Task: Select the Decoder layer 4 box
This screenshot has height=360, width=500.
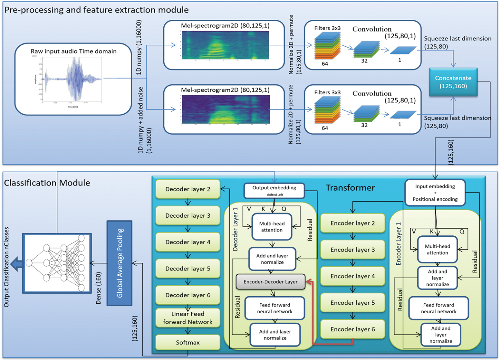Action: point(188,242)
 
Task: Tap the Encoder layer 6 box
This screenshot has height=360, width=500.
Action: point(352,329)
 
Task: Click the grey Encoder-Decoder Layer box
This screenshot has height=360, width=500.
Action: point(270,282)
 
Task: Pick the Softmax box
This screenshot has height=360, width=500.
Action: point(188,342)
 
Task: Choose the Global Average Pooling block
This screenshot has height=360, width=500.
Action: point(120,263)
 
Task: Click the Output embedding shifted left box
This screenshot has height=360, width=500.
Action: point(274,191)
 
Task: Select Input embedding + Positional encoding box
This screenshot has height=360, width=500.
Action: point(435,193)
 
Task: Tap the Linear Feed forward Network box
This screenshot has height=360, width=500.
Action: point(188,318)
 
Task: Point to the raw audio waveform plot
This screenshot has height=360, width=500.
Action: point(72,79)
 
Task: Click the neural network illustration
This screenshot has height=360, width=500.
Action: point(57,263)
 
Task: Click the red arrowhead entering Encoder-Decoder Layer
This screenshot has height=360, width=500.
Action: point(308,282)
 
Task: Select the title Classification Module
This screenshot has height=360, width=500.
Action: point(47,183)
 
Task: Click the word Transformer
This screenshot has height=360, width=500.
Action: point(350,188)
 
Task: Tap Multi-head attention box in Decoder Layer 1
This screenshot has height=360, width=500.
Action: point(272,227)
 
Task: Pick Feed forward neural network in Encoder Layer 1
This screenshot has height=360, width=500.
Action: point(438,308)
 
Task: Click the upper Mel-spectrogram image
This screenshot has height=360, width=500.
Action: point(225,45)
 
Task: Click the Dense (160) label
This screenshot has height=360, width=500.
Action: point(99,288)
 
